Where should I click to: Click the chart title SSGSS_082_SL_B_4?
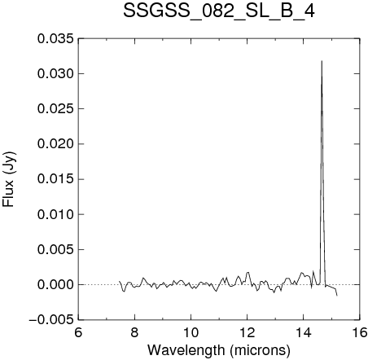click(x=219, y=11)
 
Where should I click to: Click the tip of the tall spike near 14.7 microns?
click(x=322, y=61)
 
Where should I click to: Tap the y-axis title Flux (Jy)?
click(x=9, y=179)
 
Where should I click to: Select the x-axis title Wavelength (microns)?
click(x=219, y=349)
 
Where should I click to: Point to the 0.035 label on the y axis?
click(x=55, y=38)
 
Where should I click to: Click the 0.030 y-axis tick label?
click(x=55, y=73)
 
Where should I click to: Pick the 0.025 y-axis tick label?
click(x=55, y=109)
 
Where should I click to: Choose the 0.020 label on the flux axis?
click(x=55, y=144)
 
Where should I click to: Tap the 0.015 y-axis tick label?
click(x=55, y=179)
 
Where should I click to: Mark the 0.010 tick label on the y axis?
click(x=55, y=214)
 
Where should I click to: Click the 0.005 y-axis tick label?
click(x=55, y=249)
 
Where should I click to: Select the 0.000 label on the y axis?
click(x=55, y=285)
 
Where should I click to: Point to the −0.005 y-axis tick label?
click(x=51, y=320)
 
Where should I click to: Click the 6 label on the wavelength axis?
click(x=78, y=332)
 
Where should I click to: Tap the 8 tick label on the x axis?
click(x=134, y=332)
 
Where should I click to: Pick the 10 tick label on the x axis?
click(x=191, y=332)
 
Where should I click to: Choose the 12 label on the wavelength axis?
click(x=247, y=332)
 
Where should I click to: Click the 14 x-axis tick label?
click(x=304, y=332)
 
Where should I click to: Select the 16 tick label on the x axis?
click(x=359, y=332)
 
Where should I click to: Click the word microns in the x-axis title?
click(x=260, y=350)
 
